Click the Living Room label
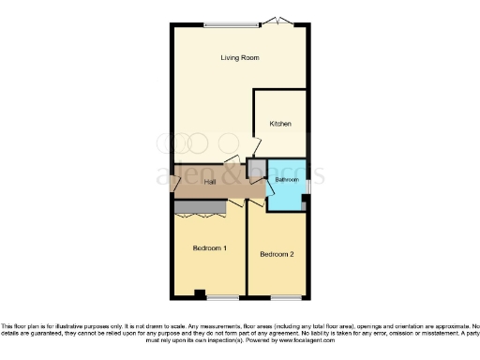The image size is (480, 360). click(239, 57)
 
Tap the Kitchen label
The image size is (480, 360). click(280, 124)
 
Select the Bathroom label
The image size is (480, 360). click(286, 179)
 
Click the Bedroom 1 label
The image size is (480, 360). click(210, 248)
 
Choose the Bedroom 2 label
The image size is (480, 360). click(277, 254)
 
